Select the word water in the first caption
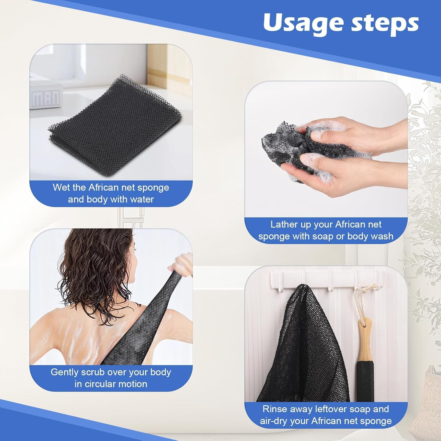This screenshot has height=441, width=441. [x=142, y=199]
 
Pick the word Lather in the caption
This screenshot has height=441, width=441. [x=284, y=225]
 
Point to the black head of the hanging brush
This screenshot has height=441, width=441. [x=365, y=382]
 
